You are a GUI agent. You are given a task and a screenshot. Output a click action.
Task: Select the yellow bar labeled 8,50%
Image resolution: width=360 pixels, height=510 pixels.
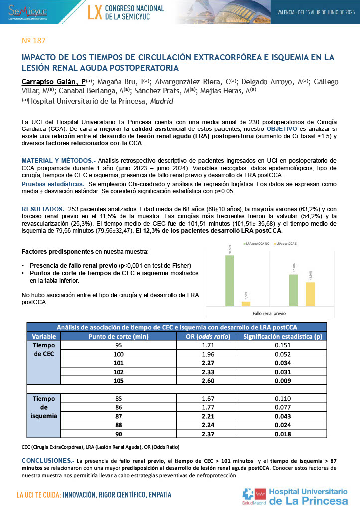(246, 303)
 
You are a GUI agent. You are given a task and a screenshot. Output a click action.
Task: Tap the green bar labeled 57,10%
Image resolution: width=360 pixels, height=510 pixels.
(294, 289)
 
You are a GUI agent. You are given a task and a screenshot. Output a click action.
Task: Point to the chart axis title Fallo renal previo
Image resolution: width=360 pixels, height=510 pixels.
(269, 314)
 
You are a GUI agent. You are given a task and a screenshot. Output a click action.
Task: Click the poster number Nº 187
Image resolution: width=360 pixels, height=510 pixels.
(34, 40)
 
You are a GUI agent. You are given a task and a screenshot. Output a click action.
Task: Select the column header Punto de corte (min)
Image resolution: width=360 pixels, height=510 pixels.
(119, 336)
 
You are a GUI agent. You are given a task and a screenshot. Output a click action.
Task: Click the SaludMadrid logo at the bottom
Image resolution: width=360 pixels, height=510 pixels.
(253, 497)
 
